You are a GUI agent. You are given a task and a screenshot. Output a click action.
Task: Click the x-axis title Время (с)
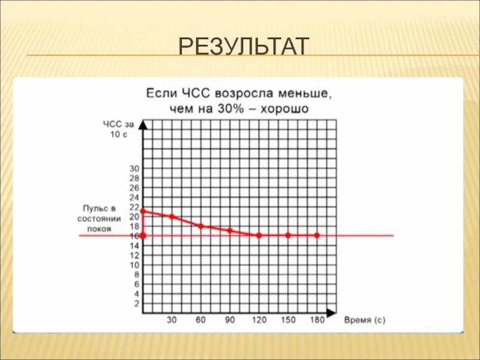tap(365, 320)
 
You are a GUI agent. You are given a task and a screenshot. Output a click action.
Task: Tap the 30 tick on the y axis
tap(134, 169)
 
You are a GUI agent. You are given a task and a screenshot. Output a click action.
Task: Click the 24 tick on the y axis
tap(134, 197)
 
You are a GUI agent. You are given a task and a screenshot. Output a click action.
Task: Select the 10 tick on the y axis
tap(134, 265)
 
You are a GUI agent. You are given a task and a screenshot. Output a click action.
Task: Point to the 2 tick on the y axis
tap(136, 304)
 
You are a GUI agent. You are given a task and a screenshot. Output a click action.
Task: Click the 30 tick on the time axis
tap(172, 320)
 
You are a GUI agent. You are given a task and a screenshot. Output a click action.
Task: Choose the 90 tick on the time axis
tap(230, 320)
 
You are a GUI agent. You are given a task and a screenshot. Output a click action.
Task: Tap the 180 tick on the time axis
tap(317, 320)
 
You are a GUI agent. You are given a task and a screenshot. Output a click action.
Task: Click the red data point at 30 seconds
tap(172, 216)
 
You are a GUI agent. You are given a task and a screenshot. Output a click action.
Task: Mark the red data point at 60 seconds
tap(201, 226)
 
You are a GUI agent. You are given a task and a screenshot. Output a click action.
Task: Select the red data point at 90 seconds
tap(230, 230)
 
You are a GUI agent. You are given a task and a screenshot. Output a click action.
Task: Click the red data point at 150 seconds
tap(288, 235)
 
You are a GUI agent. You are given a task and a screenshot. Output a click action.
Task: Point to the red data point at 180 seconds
tap(317, 235)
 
